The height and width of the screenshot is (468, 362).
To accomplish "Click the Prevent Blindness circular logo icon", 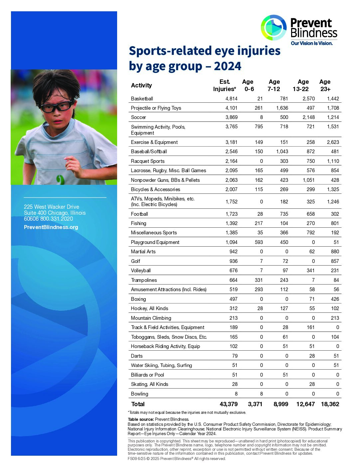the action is click(x=273, y=28).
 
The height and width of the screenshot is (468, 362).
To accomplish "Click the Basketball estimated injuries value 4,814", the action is click(x=231, y=99).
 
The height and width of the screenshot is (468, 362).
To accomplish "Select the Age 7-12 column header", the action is click(x=274, y=85).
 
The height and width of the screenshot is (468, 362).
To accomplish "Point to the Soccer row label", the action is click(x=138, y=117).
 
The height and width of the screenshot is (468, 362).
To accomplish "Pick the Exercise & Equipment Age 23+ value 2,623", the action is click(x=333, y=142).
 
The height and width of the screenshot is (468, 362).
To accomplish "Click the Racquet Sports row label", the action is click(x=148, y=161).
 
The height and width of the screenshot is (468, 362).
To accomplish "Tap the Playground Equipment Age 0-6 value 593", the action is click(x=259, y=242).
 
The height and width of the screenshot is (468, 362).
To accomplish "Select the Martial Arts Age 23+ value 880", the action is click(x=335, y=252).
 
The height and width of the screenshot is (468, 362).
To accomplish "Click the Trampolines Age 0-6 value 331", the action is click(x=259, y=280).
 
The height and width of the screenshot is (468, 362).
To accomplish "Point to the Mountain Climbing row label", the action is click(x=151, y=318).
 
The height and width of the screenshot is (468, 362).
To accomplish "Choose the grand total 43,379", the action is click(x=229, y=404).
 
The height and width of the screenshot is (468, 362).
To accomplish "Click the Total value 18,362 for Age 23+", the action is click(x=330, y=404).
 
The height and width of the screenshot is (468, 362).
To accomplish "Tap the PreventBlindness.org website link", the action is click(x=51, y=227).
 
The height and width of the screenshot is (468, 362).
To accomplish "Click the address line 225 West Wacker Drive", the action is click(x=52, y=207).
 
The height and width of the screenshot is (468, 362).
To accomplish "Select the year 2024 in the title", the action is click(x=228, y=66).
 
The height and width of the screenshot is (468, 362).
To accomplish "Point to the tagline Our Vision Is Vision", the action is click(x=312, y=43).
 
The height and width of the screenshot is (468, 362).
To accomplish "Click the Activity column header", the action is click(x=141, y=85).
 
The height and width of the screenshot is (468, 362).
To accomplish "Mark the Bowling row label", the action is click(x=139, y=394).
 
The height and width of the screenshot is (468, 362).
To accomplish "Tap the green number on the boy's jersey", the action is click(x=61, y=179).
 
